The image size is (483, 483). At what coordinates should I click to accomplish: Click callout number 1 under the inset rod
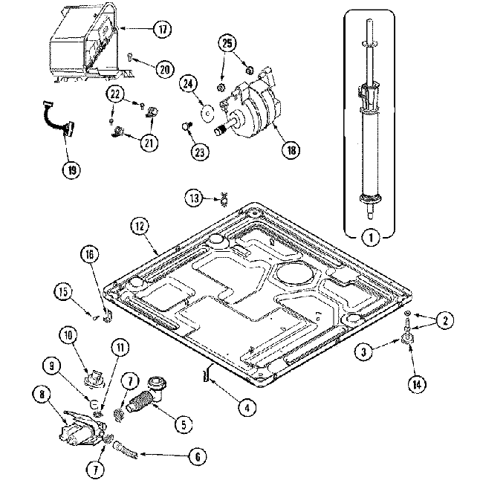[x=369, y=239]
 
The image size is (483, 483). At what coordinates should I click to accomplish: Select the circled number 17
[x=162, y=30]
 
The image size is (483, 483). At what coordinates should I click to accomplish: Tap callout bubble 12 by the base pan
[x=140, y=226]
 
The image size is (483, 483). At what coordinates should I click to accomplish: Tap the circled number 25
[x=227, y=43]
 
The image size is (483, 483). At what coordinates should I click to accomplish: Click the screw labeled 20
[x=130, y=56]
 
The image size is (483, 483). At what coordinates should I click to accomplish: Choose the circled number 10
[x=69, y=336]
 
